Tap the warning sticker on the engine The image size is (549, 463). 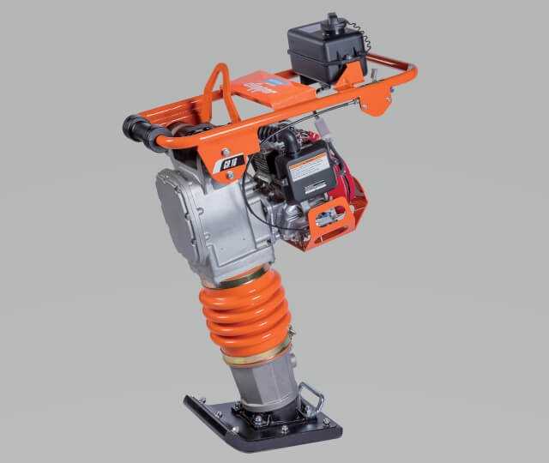tap(308, 167)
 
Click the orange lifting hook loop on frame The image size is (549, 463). tap(221, 91)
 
